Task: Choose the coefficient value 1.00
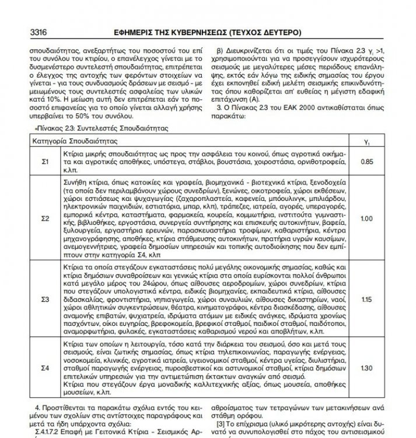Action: pyautogui.click(x=367, y=218)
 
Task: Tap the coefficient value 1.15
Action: pyautogui.click(x=367, y=299)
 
